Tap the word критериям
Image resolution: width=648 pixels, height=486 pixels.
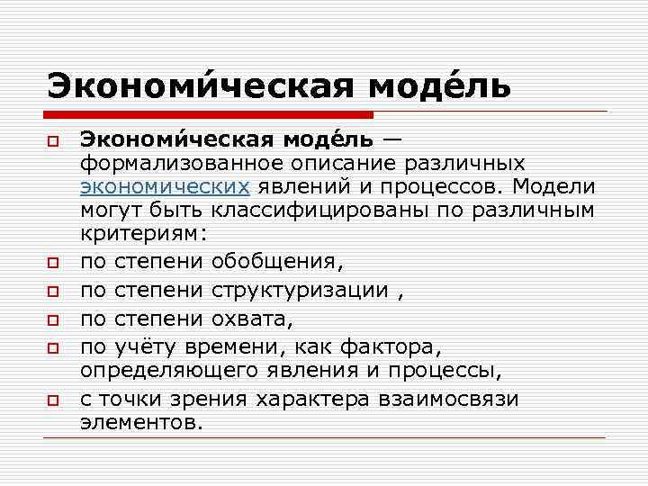(x=144, y=232)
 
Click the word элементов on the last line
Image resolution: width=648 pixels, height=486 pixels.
(x=142, y=420)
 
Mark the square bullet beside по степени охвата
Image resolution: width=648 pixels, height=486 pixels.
(x=54, y=319)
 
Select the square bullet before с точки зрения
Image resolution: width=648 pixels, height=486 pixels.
(x=54, y=400)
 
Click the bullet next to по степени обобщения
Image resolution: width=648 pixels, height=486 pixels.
(x=54, y=264)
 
